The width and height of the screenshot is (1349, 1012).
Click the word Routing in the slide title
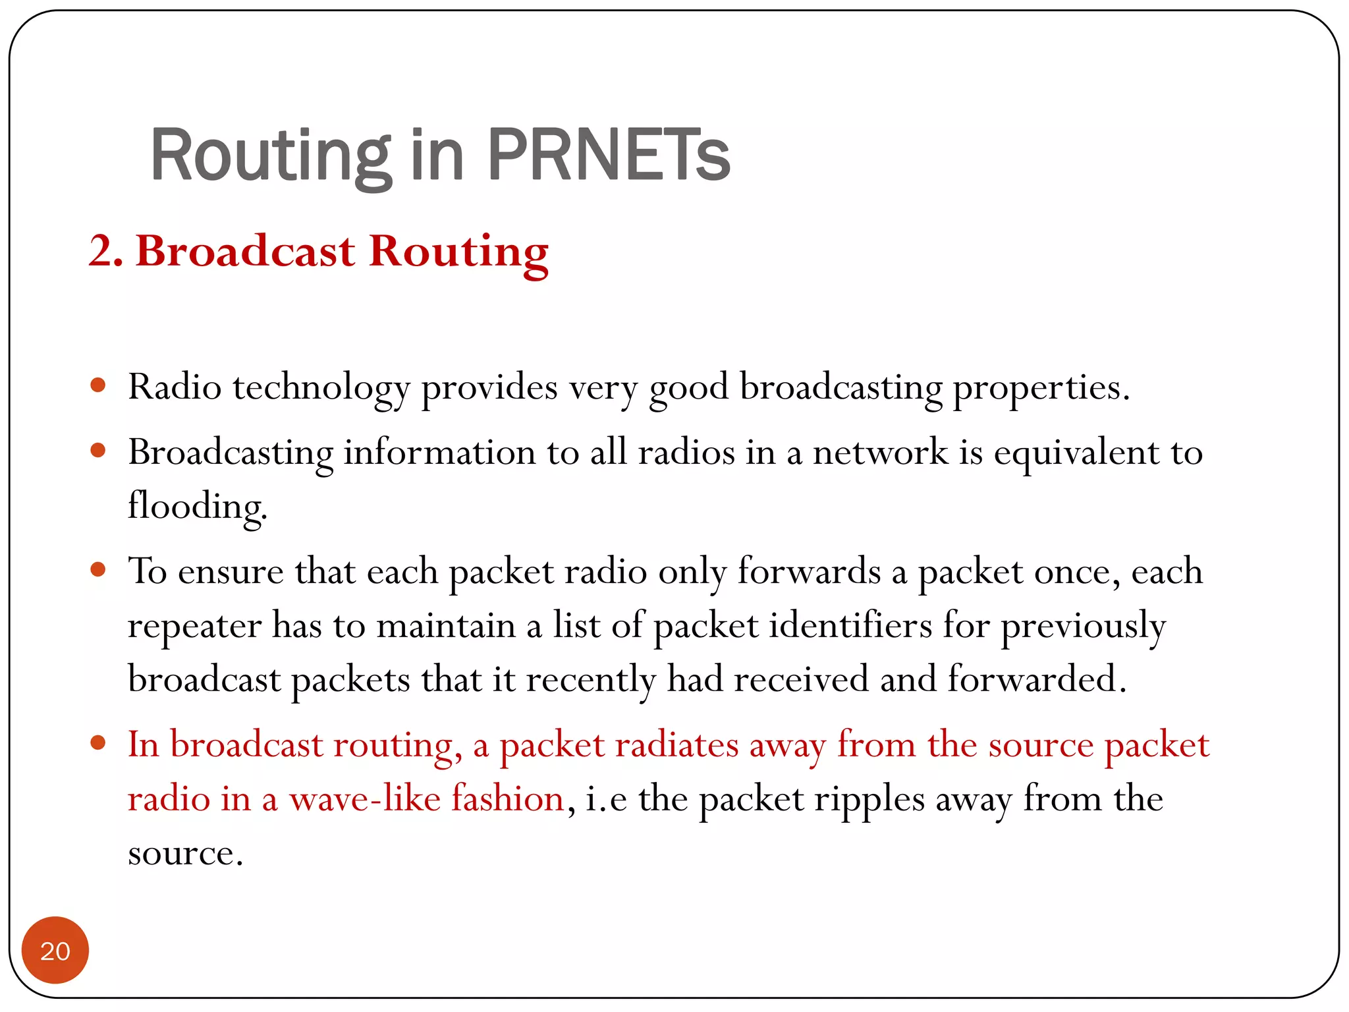[x=271, y=155]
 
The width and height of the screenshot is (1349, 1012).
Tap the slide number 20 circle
[x=55, y=950]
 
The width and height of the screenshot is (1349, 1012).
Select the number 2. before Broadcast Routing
[x=106, y=252]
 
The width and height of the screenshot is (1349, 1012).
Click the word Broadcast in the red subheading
[x=246, y=252]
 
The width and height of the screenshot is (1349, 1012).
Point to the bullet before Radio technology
[x=98, y=385]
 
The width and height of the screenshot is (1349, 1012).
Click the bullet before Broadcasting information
[x=98, y=451]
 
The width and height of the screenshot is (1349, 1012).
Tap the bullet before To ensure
[x=98, y=569]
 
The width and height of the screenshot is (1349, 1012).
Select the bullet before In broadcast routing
[x=98, y=743]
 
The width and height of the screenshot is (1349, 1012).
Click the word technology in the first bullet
[x=321, y=387]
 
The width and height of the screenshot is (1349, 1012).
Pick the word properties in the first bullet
[x=1041, y=387]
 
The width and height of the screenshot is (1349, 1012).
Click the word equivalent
[x=1076, y=453]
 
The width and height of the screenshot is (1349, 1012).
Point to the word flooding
[x=197, y=507]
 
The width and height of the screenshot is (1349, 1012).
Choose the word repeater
[x=194, y=626]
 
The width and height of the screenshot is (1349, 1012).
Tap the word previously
[x=1083, y=626]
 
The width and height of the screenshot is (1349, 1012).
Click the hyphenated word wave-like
[x=365, y=799]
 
